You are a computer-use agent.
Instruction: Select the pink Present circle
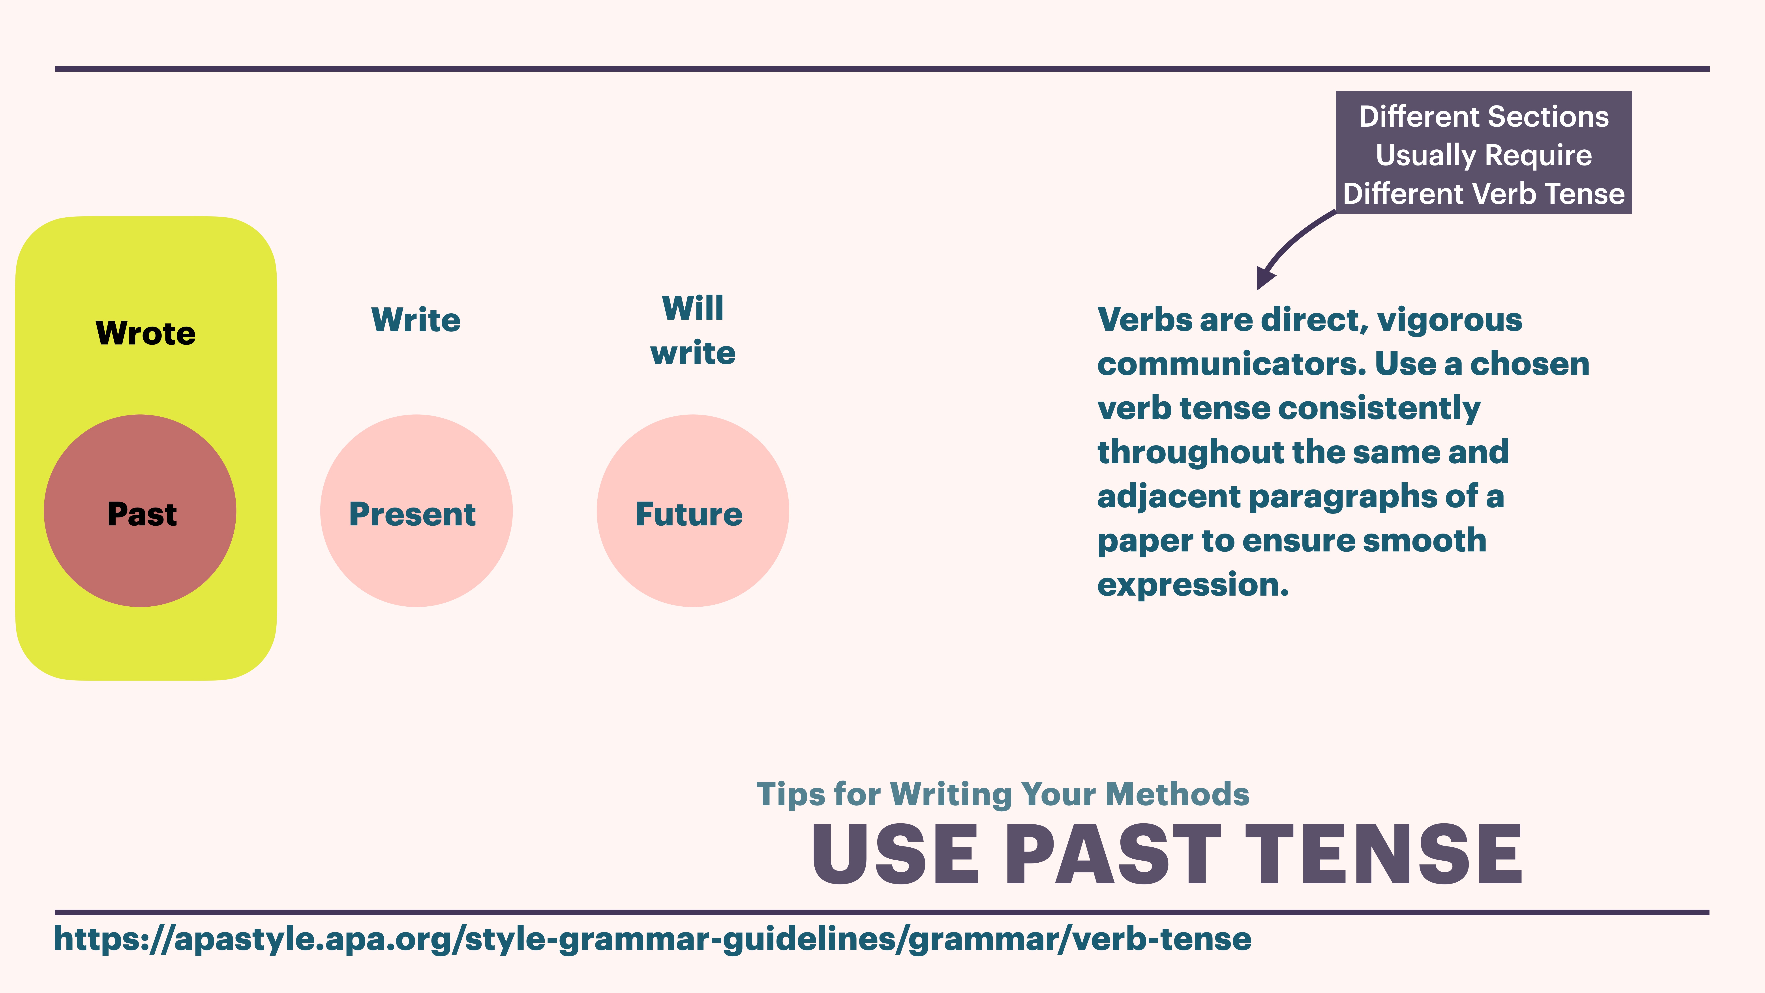(x=416, y=511)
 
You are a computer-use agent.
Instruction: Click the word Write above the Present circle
(x=416, y=320)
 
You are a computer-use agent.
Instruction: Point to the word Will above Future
(x=693, y=308)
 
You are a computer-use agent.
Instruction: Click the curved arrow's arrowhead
(x=1264, y=278)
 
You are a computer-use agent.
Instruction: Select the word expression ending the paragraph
(x=1192, y=585)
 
